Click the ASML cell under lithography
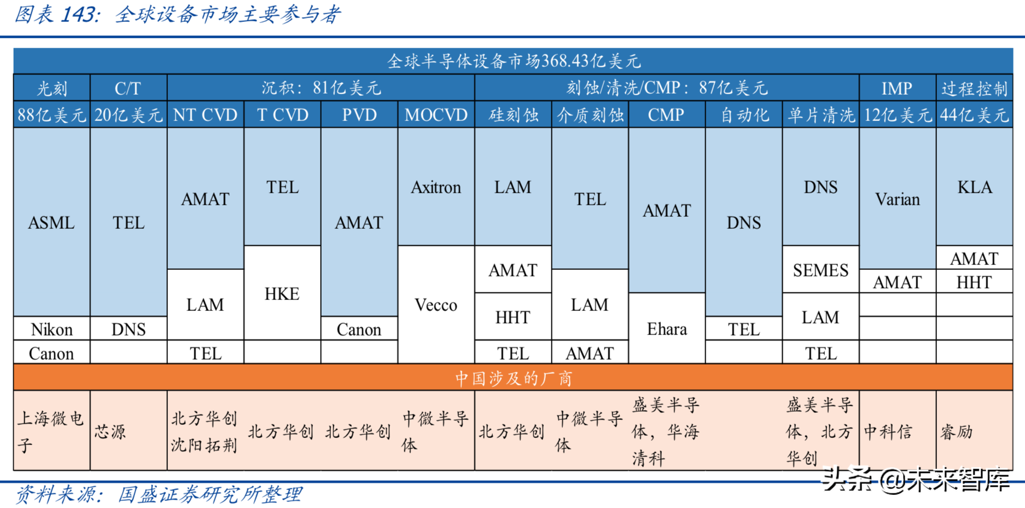point(51,222)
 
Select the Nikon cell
point(51,329)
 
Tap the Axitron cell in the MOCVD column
point(436,187)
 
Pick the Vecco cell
point(436,304)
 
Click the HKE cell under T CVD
point(282,293)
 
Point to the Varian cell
point(898,199)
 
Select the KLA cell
point(975,187)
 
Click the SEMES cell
point(820,270)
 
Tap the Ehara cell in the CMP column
point(667,328)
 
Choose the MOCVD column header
point(436,115)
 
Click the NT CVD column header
point(205,115)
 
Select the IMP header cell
point(898,88)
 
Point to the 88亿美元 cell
point(51,115)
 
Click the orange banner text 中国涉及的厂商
point(513,378)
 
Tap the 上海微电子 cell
point(51,431)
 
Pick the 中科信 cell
point(898,431)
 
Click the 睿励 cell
point(975,431)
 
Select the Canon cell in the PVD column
point(359,329)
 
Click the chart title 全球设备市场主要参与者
point(228,14)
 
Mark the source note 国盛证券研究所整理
point(210,494)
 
